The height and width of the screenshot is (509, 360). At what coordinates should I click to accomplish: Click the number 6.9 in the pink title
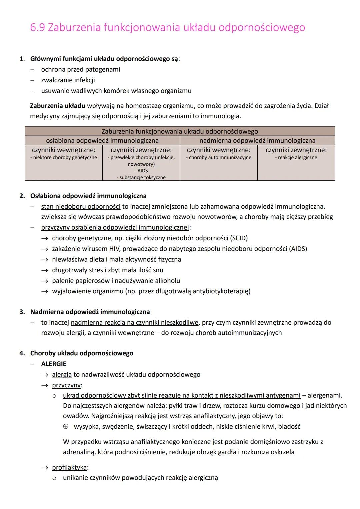tap(37, 27)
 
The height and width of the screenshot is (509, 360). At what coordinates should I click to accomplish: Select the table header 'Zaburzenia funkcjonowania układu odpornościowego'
tap(180, 131)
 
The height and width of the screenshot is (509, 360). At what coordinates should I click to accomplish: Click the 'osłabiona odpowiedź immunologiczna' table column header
tap(102, 140)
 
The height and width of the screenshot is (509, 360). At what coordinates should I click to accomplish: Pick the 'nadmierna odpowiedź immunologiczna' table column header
tap(257, 140)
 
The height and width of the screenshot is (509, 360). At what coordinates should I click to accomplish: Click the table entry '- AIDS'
tap(141, 171)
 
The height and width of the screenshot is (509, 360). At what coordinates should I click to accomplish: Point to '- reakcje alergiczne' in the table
tap(296, 157)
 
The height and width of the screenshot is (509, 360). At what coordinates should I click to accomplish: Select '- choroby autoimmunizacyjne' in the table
tap(219, 157)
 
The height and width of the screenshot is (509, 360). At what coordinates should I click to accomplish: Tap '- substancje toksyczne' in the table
tap(141, 177)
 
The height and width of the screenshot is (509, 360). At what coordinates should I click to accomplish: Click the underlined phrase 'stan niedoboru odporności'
tap(81, 207)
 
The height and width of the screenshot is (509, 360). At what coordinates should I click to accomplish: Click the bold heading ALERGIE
tap(54, 364)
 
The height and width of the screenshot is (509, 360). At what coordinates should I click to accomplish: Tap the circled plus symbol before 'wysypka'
tap(66, 426)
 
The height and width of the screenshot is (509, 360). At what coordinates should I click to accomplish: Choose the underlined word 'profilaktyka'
tap(69, 467)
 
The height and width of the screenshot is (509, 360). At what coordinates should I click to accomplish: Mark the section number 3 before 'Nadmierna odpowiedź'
tap(22, 312)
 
